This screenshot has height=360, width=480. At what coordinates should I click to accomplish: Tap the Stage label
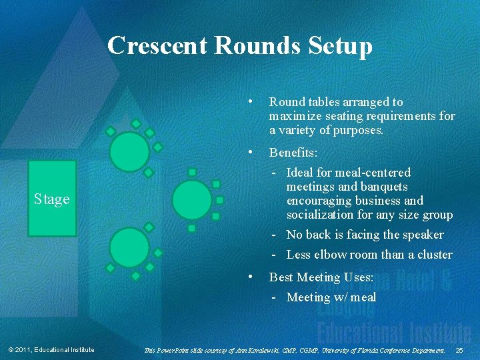point(52,199)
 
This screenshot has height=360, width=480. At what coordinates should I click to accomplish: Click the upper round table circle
point(129,151)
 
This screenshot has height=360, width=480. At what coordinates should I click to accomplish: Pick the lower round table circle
point(129,248)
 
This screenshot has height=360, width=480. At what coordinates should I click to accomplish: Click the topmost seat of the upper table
point(136,123)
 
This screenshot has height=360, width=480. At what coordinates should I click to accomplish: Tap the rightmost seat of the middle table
point(219,200)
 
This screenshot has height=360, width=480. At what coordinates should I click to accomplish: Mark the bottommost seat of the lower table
point(136,275)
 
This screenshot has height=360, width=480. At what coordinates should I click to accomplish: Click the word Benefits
point(293,153)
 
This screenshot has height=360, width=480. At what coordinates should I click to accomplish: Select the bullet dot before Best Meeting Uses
point(249,276)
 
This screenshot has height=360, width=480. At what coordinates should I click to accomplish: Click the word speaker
point(423,235)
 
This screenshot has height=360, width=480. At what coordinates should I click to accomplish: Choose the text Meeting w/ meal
point(331,297)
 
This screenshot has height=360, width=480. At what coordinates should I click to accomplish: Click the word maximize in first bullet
point(295,116)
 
